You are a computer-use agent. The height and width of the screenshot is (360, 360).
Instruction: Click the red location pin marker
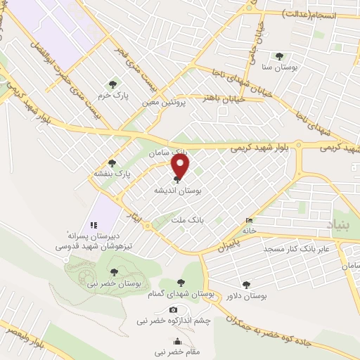[181, 167]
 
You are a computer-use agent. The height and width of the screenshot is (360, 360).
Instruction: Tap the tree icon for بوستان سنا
[279, 56]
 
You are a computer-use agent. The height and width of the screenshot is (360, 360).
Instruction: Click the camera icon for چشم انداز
[173, 310]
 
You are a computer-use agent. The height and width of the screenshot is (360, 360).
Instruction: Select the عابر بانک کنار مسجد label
[307, 249]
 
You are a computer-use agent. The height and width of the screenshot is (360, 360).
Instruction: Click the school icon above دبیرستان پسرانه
[93, 225]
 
